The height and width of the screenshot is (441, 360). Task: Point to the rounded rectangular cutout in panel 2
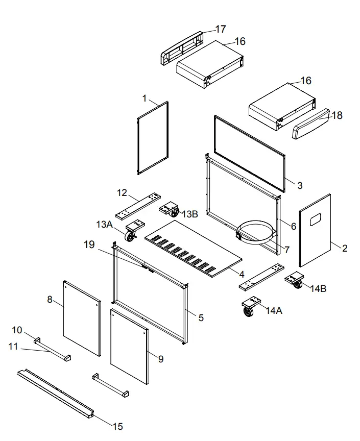click(x=316, y=219)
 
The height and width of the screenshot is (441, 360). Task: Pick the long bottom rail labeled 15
click(x=56, y=392)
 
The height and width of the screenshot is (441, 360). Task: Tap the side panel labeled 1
click(x=153, y=138)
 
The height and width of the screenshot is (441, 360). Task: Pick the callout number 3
click(x=300, y=185)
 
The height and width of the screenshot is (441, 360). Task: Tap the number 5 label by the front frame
click(x=201, y=317)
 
